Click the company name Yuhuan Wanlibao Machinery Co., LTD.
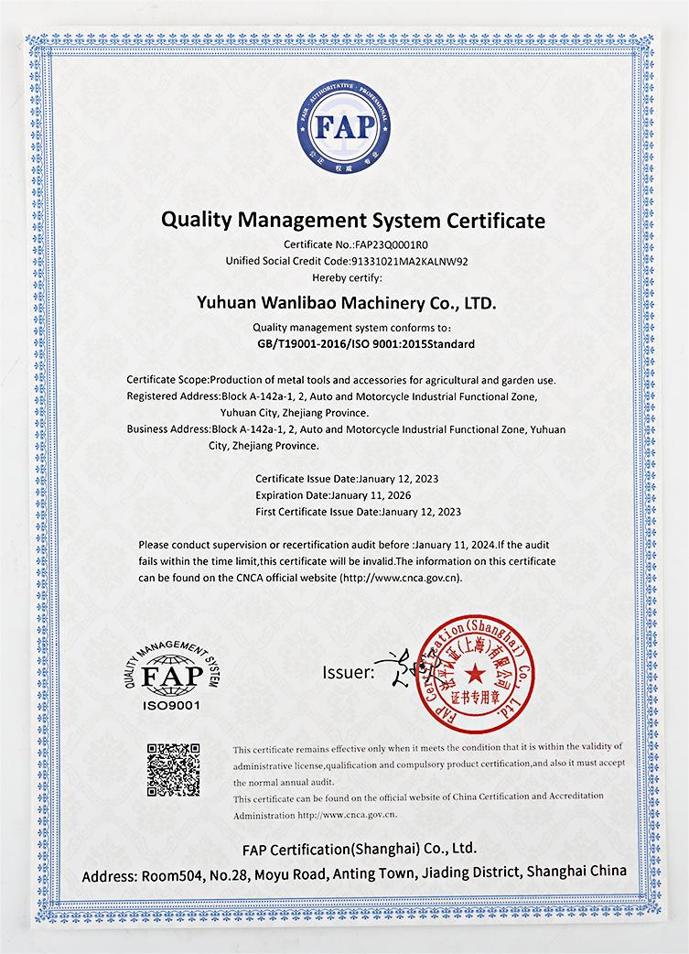(347, 300)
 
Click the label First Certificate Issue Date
(316, 512)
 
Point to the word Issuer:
(348, 673)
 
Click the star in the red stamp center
(474, 676)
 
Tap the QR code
(173, 770)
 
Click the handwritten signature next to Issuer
(399, 668)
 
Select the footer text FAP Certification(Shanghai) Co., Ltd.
(360, 848)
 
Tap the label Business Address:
(168, 428)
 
